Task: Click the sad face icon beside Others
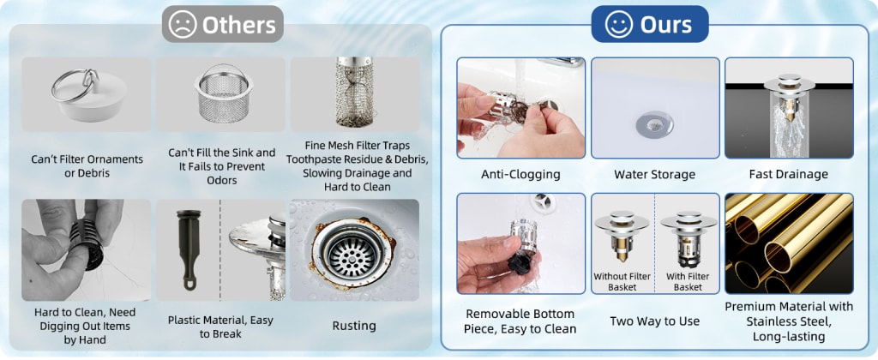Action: click(183, 25)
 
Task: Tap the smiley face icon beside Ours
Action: click(618, 25)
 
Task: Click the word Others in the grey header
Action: click(239, 25)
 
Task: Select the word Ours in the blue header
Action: click(665, 25)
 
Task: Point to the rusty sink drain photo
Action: click(354, 250)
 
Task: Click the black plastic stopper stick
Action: click(189, 248)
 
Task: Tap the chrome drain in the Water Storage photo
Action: click(654, 122)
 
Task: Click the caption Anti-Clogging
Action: click(520, 174)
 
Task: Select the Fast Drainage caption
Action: click(789, 174)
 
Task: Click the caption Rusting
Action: click(354, 326)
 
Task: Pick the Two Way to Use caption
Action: click(654, 321)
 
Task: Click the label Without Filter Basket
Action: click(622, 282)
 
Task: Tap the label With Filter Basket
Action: click(688, 282)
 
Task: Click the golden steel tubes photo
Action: click(789, 243)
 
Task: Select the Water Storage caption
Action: click(654, 174)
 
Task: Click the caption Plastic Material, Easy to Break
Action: click(220, 327)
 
